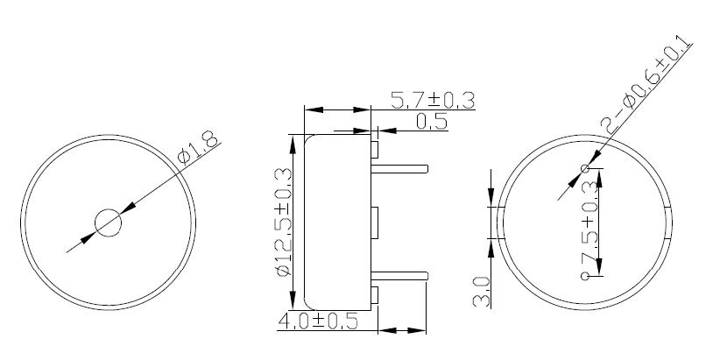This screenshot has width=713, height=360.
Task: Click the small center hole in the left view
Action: coord(109,223)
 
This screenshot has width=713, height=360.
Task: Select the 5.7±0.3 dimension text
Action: coord(432,101)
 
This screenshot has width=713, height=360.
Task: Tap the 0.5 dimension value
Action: coord(431,122)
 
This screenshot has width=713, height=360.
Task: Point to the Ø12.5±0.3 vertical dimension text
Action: coord(283,223)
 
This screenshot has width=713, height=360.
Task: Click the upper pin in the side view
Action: coord(400,167)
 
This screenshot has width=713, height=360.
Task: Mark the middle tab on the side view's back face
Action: coord(374,222)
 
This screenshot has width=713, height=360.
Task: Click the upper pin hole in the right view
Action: coord(585,168)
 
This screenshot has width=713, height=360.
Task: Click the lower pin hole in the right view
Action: coord(585,276)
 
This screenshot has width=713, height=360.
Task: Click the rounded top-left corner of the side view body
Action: coord(307,138)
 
